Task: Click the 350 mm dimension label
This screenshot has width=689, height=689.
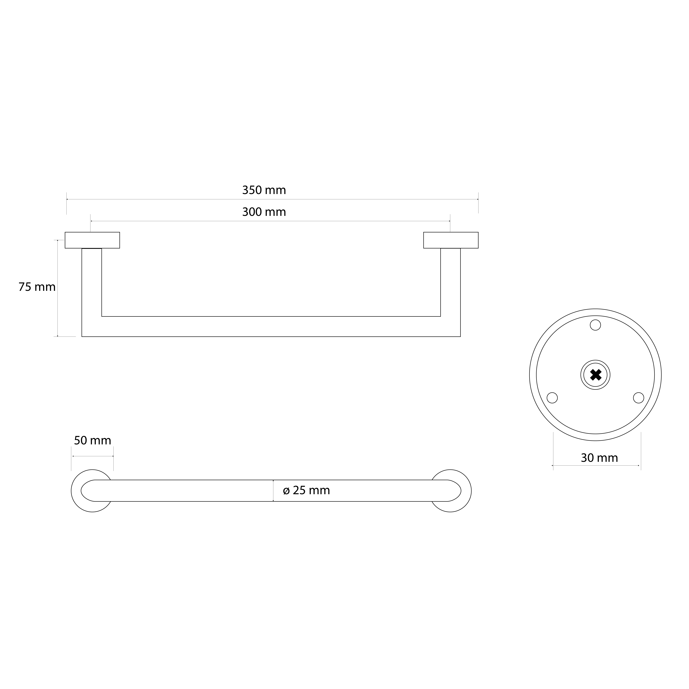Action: (x=264, y=190)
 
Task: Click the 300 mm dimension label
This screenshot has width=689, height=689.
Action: (x=264, y=212)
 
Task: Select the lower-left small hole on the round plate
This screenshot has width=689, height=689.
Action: (x=552, y=398)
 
